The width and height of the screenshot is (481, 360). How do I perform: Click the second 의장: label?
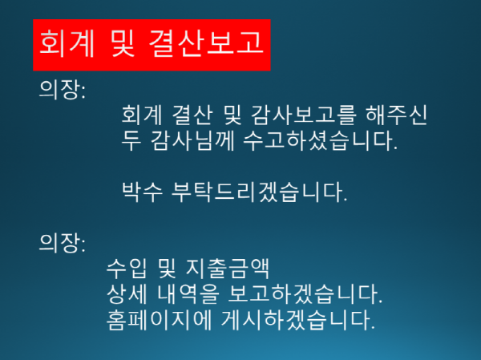click(63, 241)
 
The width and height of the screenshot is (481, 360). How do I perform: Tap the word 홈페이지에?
click(156, 321)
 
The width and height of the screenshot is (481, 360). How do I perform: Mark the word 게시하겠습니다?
click(297, 321)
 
